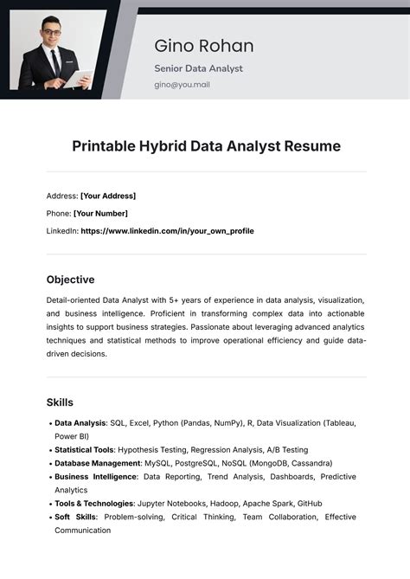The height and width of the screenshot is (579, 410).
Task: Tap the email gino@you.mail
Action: pyautogui.click(x=182, y=85)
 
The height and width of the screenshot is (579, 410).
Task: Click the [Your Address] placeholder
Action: pyautogui.click(x=108, y=196)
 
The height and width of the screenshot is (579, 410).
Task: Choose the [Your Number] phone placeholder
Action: pyautogui.click(x=100, y=213)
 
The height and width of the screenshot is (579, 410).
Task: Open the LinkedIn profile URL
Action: pyautogui.click(x=167, y=231)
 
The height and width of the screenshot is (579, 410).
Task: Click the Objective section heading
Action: pyautogui.click(x=70, y=280)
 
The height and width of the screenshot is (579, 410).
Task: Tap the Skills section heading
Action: pyautogui.click(x=60, y=402)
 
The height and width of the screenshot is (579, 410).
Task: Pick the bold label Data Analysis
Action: pyautogui.click(x=80, y=423)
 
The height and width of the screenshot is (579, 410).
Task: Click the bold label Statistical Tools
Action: pyautogui.click(x=84, y=450)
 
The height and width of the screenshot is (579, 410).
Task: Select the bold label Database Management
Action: pyautogui.click(x=97, y=463)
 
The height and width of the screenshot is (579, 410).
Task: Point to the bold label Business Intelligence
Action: pyautogui.click(x=95, y=477)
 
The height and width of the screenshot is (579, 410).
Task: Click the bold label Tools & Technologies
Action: pyautogui.click(x=94, y=504)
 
